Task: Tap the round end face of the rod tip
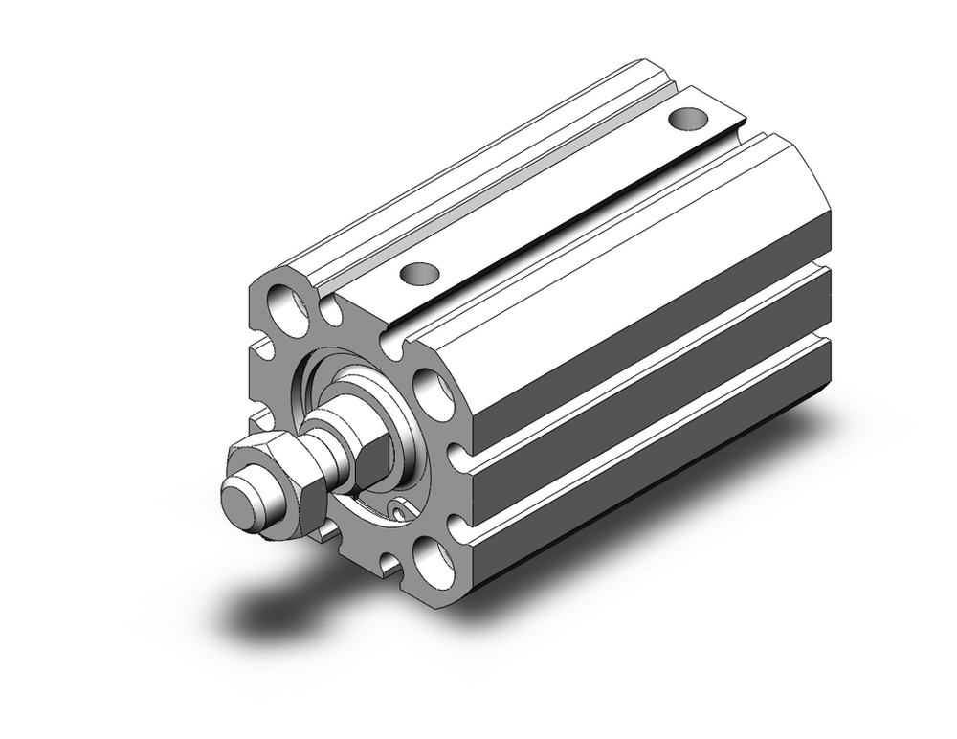tap(240, 500)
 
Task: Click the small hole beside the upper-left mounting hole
tap(331, 311)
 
